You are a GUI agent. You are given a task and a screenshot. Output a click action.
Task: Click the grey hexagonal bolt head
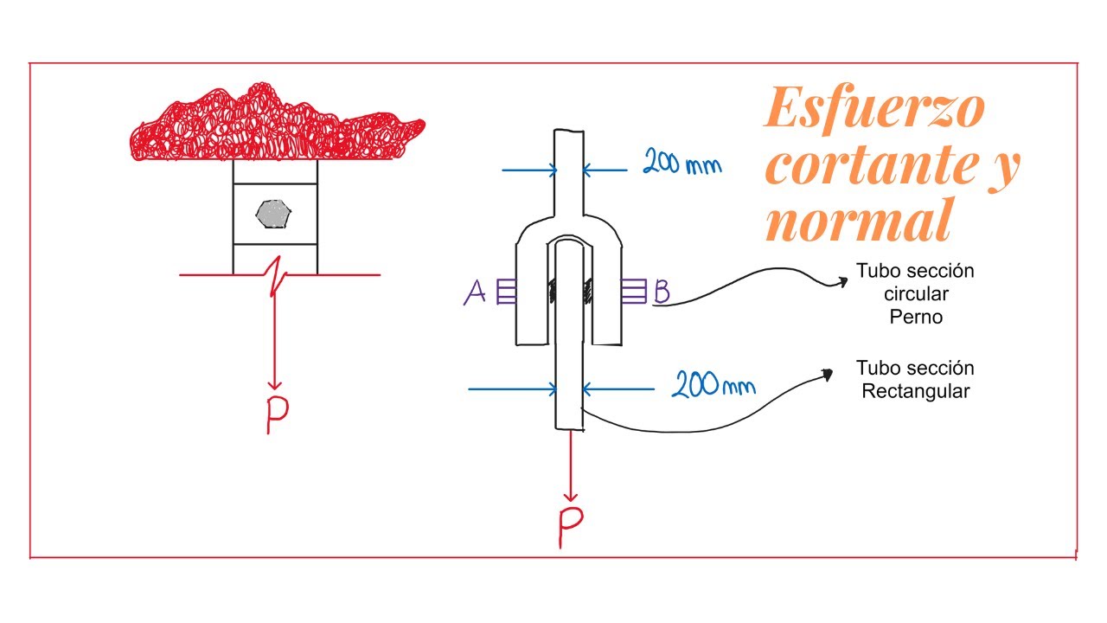coord(273,214)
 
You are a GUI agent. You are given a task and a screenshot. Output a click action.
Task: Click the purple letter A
coord(475,292)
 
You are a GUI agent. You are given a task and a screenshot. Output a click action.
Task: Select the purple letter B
coord(662,291)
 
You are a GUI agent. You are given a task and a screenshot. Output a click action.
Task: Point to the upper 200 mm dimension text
coord(682,162)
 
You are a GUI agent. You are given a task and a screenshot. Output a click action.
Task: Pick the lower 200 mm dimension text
coord(713,384)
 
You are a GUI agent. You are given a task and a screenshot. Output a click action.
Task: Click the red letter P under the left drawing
coord(278,414)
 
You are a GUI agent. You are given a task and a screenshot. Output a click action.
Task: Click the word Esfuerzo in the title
coord(874,108)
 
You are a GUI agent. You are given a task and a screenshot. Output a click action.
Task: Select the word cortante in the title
coord(873,165)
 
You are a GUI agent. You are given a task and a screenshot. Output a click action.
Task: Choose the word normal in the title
coord(859,221)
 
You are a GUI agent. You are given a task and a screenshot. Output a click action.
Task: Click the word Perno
coord(916,317)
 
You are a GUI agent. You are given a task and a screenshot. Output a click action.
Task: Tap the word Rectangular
coord(915,391)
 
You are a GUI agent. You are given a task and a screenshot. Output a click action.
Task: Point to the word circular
coord(916,294)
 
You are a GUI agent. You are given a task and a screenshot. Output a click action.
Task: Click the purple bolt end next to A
coord(506,292)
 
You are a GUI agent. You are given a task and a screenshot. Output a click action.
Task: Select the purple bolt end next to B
coord(634,291)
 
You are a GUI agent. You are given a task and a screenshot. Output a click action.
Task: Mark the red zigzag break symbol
coord(276,276)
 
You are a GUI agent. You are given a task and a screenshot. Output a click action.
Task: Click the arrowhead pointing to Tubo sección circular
coord(841,282)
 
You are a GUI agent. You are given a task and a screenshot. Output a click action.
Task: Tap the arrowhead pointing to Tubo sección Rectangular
coord(826,375)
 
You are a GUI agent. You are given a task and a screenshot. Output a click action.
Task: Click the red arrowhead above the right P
coord(571,496)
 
